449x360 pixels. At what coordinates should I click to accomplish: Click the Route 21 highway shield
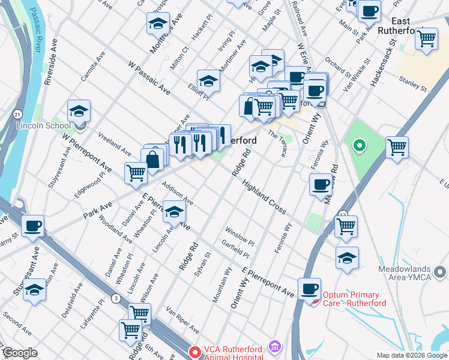(x=17, y=114)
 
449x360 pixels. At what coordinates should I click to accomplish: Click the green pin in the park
(x=360, y=145)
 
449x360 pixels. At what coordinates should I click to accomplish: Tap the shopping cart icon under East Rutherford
(x=426, y=40)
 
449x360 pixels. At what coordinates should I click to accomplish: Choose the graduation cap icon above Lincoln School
(x=79, y=111)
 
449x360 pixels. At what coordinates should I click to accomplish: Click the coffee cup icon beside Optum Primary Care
(x=310, y=289)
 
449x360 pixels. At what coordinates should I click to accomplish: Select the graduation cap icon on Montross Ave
(x=158, y=25)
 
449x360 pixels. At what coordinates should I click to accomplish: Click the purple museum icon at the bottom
(x=275, y=346)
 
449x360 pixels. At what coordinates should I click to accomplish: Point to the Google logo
(x=20, y=353)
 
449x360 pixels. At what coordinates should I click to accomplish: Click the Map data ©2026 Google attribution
(x=412, y=355)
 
